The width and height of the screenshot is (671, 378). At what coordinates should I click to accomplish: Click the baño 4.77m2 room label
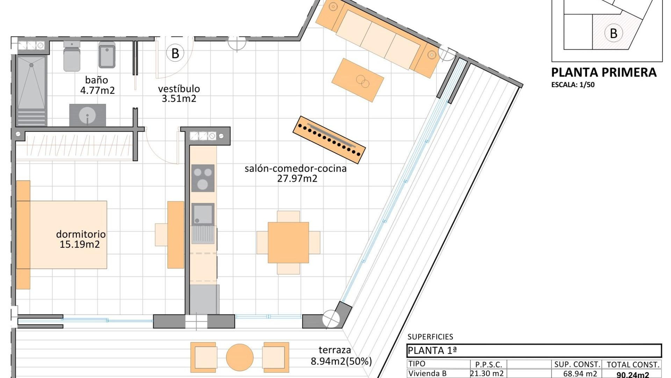tap(97, 85)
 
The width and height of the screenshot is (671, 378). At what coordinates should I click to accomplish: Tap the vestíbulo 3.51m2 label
tap(179, 93)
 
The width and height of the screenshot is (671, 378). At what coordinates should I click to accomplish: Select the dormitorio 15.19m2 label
tap(80, 239)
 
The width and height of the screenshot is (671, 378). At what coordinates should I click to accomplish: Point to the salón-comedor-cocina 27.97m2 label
tap(296, 173)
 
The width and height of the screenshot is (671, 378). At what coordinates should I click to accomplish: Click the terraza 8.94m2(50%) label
tap(341, 356)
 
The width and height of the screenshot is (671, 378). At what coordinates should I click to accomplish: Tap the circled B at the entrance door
tap(175, 54)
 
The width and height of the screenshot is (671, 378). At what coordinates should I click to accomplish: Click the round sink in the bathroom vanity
tap(87, 115)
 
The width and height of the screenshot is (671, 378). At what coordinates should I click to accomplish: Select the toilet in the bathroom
tap(72, 56)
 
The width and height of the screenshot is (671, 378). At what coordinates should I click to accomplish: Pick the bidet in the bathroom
tap(107, 55)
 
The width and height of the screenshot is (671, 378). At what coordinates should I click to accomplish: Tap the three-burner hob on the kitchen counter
tap(203, 178)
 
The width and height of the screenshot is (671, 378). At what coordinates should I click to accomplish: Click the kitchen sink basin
tap(203, 213)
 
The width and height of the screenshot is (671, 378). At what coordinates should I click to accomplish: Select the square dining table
tap(288, 242)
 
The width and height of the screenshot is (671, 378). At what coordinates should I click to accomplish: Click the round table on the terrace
tap(240, 357)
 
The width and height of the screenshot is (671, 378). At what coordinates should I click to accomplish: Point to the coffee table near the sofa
tap(358, 80)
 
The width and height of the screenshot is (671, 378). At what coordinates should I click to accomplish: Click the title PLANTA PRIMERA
tap(604, 72)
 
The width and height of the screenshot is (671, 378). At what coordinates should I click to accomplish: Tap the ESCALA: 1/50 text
tap(573, 85)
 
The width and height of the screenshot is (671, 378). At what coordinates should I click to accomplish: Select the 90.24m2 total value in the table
tap(633, 374)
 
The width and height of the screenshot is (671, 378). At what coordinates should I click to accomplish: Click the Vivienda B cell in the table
tap(427, 373)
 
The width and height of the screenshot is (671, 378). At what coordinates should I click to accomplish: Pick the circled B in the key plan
tap(613, 33)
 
